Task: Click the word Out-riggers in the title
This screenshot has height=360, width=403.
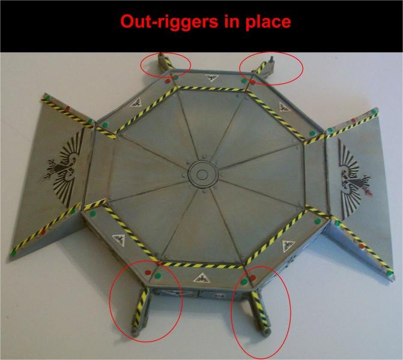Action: pyautogui.click(x=169, y=22)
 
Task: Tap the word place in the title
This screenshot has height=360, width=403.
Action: pyautogui.click(x=268, y=22)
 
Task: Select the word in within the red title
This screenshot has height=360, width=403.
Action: pyautogui.click(x=231, y=22)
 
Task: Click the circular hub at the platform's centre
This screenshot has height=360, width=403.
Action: pyautogui.click(x=202, y=175)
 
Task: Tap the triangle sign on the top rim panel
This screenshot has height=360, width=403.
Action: pyautogui.click(x=212, y=78)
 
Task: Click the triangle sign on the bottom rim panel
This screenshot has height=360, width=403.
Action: pyautogui.click(x=202, y=278)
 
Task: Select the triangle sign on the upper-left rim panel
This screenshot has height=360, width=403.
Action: pyautogui.click(x=136, y=103)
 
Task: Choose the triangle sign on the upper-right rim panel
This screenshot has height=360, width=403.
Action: pyautogui.click(x=283, y=106)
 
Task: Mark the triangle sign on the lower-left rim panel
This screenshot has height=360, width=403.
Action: pyautogui.click(x=120, y=240)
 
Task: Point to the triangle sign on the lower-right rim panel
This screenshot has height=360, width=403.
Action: pyautogui.click(x=288, y=246)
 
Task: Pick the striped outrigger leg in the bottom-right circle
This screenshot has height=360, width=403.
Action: pyautogui.click(x=260, y=313)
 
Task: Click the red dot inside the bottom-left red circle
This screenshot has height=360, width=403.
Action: pyautogui.click(x=148, y=272)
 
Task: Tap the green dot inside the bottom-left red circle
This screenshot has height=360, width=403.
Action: pyautogui.click(x=158, y=276)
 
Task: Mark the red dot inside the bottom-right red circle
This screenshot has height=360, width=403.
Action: pyautogui.click(x=253, y=278)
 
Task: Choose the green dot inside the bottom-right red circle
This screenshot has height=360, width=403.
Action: pyautogui.click(x=244, y=281)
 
